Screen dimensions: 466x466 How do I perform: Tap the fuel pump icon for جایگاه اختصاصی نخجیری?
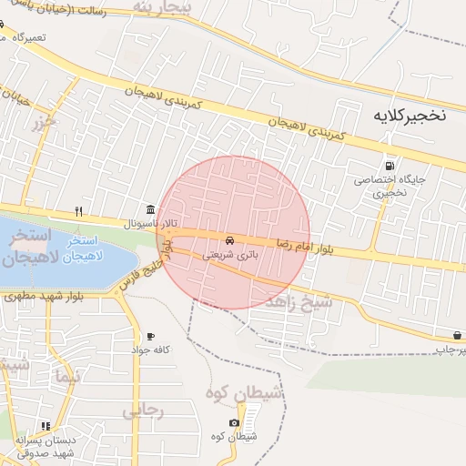pyautogui.click(x=390, y=166)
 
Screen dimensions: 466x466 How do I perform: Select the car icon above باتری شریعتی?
pyautogui.click(x=228, y=240)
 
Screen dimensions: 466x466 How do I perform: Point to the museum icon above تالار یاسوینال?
pyautogui.click(x=150, y=209)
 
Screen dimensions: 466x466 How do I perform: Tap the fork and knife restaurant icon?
pyautogui.click(x=79, y=211)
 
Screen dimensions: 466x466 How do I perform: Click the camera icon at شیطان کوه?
pyautogui.click(x=234, y=422)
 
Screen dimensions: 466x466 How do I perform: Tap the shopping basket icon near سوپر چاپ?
pyautogui.click(x=455, y=335)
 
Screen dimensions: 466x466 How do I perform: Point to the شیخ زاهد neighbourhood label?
pyautogui.click(x=297, y=304)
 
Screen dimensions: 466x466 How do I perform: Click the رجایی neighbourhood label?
pyautogui.click(x=143, y=411)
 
